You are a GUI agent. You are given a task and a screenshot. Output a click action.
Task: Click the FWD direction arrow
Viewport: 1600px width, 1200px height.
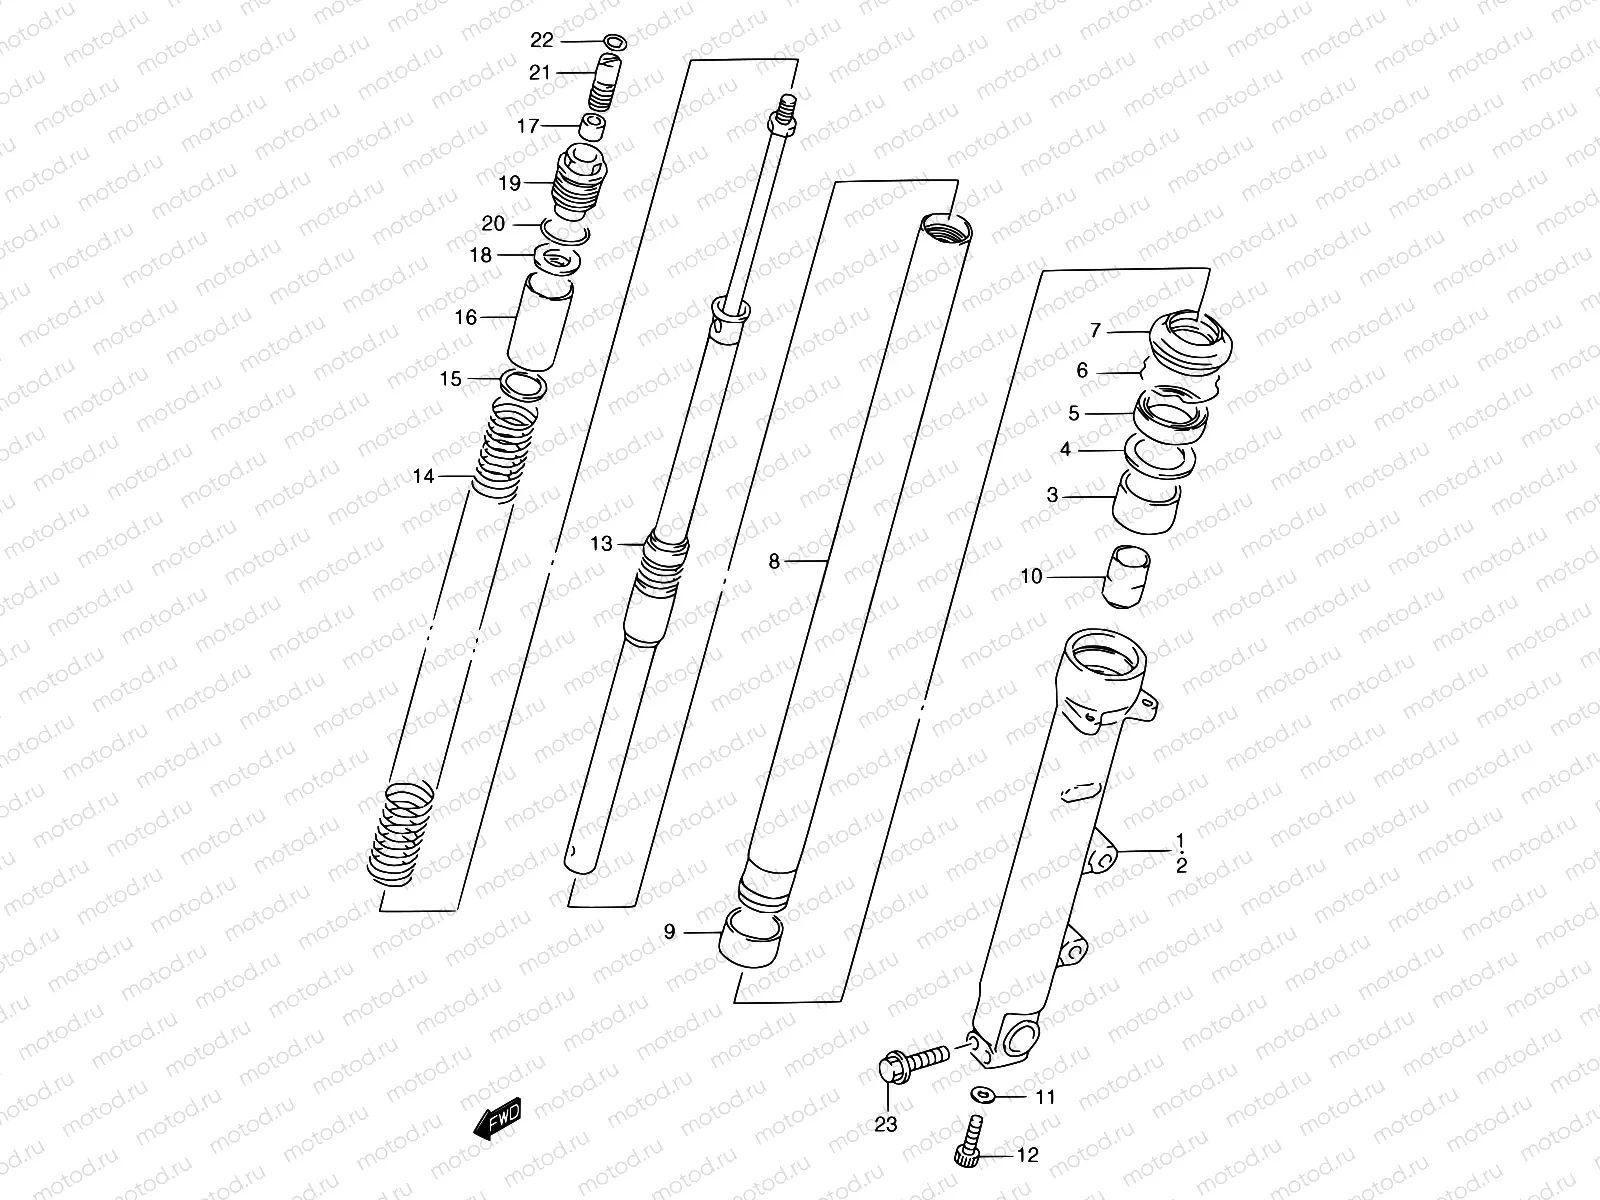(x=498, y=1119)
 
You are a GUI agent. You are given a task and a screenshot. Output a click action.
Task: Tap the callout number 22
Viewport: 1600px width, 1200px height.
(x=541, y=40)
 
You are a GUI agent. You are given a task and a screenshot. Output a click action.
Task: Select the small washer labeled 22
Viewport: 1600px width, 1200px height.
(x=616, y=42)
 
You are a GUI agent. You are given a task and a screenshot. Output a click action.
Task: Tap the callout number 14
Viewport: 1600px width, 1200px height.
(x=424, y=476)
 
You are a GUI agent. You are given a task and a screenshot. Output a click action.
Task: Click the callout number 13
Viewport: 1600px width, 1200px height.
(x=601, y=544)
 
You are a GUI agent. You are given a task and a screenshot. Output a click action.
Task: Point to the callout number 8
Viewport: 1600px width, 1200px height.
(x=773, y=562)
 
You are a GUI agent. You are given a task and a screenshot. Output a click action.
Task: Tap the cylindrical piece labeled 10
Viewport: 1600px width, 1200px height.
(x=1127, y=576)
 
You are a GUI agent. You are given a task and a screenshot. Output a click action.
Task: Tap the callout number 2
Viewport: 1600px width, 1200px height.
(x=1181, y=866)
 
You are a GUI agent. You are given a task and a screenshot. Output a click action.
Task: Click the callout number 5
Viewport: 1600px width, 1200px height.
(x=1073, y=413)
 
